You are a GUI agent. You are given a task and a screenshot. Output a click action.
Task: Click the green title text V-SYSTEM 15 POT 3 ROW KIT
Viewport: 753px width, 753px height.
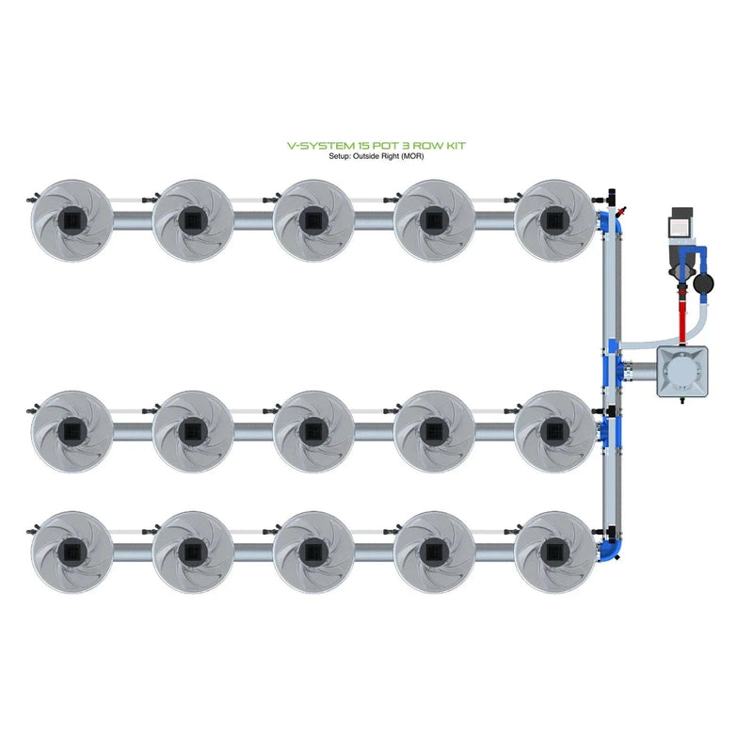[x=376, y=146]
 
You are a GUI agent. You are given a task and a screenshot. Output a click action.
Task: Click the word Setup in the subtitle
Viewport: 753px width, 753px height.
[x=340, y=156]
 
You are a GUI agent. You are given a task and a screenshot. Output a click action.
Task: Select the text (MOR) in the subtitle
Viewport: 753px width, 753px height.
[x=410, y=156]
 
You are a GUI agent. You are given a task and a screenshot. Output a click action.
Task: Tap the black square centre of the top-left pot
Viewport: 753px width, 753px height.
[x=72, y=220]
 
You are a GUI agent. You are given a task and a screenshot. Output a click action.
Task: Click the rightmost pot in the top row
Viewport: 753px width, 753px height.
[x=555, y=220]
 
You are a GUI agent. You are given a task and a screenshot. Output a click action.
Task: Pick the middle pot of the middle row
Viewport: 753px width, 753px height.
[x=313, y=431]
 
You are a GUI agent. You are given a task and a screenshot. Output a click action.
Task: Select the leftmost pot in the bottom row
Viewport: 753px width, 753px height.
[x=72, y=552]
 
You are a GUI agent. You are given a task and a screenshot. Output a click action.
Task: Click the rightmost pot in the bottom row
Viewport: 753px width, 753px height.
[x=555, y=552]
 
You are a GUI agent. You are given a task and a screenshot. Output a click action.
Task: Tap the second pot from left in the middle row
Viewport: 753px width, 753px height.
[x=192, y=431]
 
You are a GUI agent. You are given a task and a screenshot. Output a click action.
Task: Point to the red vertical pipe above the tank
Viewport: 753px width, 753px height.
[x=681, y=311]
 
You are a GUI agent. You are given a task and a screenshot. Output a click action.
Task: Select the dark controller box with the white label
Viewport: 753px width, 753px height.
[x=680, y=226]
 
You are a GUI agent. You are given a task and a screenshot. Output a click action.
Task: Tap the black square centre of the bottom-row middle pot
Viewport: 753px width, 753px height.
[x=313, y=552]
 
